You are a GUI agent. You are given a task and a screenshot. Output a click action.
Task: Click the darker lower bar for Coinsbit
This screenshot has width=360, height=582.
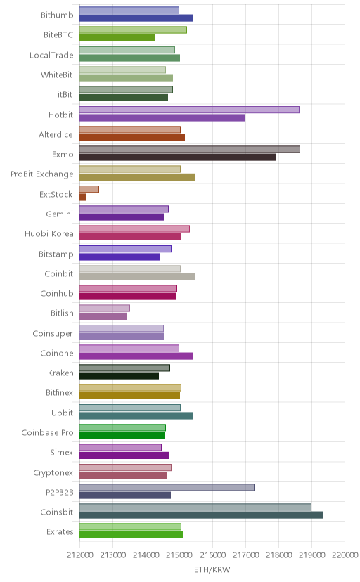[x=201, y=515]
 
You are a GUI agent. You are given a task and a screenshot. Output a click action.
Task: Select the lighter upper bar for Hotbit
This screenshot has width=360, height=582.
[x=189, y=110]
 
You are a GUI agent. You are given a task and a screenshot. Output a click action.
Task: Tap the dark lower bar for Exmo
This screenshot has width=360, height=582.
[x=178, y=157]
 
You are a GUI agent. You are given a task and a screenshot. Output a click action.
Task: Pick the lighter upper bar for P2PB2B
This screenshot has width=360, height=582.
[x=167, y=487]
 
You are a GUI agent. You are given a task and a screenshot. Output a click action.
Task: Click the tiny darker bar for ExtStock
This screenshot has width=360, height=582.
[x=82, y=197]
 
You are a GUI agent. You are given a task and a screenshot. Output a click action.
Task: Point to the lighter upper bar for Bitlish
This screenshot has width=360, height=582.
[x=105, y=308]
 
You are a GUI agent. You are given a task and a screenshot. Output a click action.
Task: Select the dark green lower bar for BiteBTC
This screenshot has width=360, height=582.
[x=117, y=38]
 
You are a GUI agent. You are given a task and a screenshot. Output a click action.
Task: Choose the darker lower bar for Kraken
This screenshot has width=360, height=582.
[x=119, y=376]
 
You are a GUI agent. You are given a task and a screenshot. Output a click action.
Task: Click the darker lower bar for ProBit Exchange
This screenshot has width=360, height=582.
[x=137, y=177]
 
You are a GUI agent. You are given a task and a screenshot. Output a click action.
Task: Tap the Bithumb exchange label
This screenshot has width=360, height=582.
[x=57, y=15]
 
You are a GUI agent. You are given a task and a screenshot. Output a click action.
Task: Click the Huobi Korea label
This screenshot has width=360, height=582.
[x=49, y=234]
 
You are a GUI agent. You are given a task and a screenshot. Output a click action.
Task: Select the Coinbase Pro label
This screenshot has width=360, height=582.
[x=47, y=433]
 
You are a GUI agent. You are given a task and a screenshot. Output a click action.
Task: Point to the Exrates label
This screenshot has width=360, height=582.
[x=60, y=532]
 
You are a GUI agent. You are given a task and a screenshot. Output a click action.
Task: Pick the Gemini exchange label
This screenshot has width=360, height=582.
[x=59, y=214]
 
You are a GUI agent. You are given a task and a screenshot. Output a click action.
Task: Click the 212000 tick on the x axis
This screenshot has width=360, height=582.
[x=79, y=555]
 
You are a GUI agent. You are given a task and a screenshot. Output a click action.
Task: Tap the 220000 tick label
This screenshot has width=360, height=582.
[x=345, y=555]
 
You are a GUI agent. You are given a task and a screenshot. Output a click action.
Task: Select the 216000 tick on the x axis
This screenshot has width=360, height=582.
[x=212, y=555]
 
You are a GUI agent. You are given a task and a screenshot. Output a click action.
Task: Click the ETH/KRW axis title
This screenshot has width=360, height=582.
[x=212, y=570]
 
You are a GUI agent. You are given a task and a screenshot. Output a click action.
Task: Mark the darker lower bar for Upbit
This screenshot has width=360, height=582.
[x=136, y=415]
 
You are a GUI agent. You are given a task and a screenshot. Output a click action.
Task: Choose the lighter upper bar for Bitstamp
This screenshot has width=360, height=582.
[x=125, y=249]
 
